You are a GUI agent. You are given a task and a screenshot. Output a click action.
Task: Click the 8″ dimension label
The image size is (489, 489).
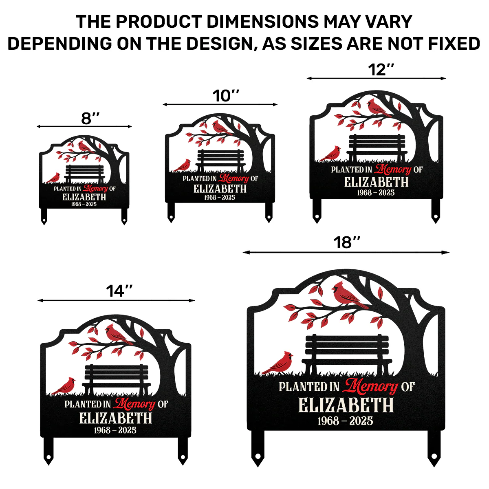point(90,118)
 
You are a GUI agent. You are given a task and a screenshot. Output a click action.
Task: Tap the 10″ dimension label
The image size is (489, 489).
point(226,96)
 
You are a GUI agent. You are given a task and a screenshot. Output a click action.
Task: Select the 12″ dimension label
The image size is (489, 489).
point(381,70)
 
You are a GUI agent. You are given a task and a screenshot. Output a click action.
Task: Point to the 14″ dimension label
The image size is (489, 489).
point(119,291)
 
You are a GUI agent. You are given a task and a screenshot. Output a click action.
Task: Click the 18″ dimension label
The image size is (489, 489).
point(347,242)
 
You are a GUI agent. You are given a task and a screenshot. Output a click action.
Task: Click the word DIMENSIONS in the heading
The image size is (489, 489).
point(263,22)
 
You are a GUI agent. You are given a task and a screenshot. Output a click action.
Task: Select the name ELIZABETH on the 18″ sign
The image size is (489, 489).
point(346,405)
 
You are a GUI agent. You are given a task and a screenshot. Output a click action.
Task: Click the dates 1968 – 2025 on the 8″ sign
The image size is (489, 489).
point(84,204)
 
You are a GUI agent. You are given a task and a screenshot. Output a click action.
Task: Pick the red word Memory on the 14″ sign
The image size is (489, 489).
point(134,403)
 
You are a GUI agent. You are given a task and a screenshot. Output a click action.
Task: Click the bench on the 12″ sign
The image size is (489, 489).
point(377,148)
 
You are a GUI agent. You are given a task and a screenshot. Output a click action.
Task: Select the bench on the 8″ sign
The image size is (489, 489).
point(84,174)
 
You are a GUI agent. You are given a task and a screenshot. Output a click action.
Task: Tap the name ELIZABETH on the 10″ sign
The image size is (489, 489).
point(220,189)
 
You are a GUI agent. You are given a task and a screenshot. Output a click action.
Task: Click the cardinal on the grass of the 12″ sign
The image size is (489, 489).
point(330,154)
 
